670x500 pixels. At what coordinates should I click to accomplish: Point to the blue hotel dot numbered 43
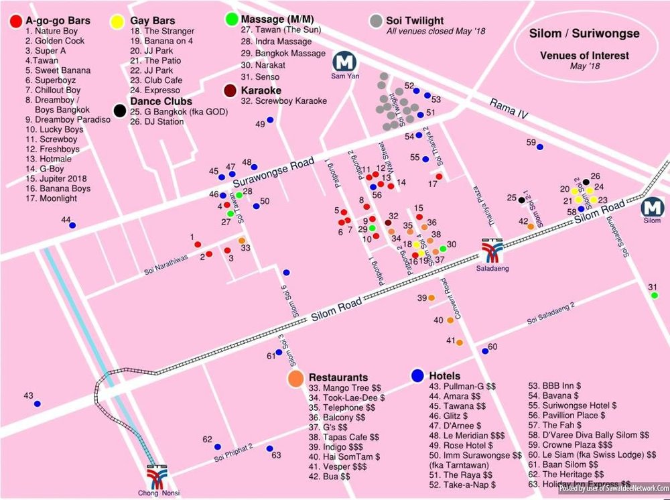(37, 404)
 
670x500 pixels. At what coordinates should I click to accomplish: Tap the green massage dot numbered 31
(654, 296)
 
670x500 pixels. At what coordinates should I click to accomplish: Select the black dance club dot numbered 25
(521, 198)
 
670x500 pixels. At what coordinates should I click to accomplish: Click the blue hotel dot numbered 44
(72, 225)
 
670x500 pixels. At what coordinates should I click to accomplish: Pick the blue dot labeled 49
(271, 120)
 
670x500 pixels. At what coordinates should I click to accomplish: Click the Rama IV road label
(509, 109)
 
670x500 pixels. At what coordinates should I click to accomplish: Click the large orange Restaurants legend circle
(295, 378)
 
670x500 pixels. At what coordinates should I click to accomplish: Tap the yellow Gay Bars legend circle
(117, 21)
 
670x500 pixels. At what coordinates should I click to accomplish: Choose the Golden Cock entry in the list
(58, 41)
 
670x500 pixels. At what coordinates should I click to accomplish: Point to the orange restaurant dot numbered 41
(459, 342)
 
